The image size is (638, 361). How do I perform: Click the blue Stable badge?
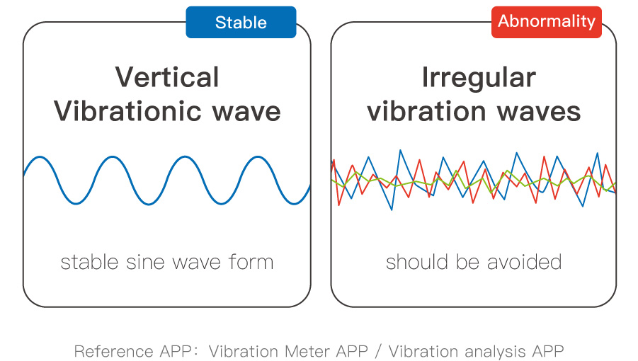[241, 23]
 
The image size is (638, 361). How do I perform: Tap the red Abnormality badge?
[547, 22]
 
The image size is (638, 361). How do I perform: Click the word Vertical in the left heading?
[167, 77]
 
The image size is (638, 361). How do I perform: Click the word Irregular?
[479, 78]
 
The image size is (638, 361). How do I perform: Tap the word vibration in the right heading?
[426, 111]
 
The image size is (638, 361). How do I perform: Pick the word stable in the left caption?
[89, 262]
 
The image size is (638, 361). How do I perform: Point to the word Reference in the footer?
[113, 351]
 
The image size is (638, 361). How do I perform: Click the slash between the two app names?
[379, 352]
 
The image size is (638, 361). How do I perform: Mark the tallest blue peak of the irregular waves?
[400, 150]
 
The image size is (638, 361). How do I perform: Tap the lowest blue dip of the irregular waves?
[392, 210]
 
